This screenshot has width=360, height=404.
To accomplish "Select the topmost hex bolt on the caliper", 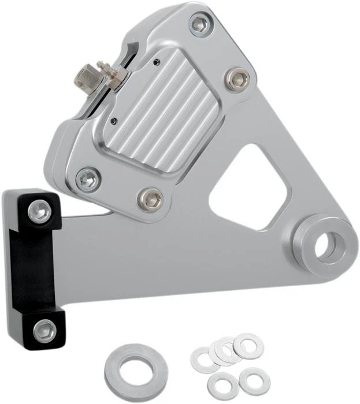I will click(x=199, y=24).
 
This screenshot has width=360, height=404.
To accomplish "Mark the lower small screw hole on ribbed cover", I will click(x=114, y=121).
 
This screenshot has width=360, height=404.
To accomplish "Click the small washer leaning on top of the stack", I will click(x=248, y=345).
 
